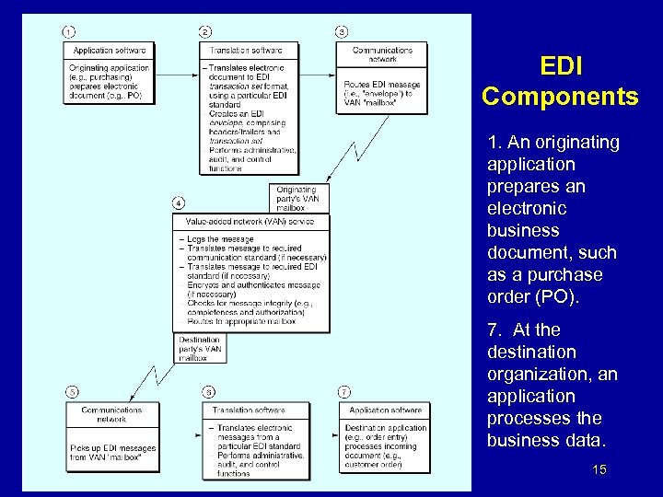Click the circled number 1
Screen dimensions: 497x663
[69, 32]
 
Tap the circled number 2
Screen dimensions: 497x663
[205, 32]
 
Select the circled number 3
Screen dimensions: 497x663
[343, 32]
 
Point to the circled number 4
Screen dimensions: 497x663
[178, 202]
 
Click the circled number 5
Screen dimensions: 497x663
[71, 390]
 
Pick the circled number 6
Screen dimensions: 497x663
[209, 390]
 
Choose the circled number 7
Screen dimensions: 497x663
[344, 390]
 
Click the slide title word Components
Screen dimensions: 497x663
[560, 97]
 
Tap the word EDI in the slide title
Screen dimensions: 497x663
[561, 66]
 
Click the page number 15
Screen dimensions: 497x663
[599, 470]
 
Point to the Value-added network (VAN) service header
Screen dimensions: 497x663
[250, 222]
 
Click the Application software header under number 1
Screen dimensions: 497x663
[110, 50]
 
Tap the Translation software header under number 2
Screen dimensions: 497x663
[246, 50]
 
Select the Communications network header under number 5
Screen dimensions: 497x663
[111, 414]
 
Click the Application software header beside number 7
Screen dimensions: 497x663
[386, 410]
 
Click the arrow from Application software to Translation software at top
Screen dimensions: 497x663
[176, 70]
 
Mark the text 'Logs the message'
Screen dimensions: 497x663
[221, 239]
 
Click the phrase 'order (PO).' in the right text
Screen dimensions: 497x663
[526, 296]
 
